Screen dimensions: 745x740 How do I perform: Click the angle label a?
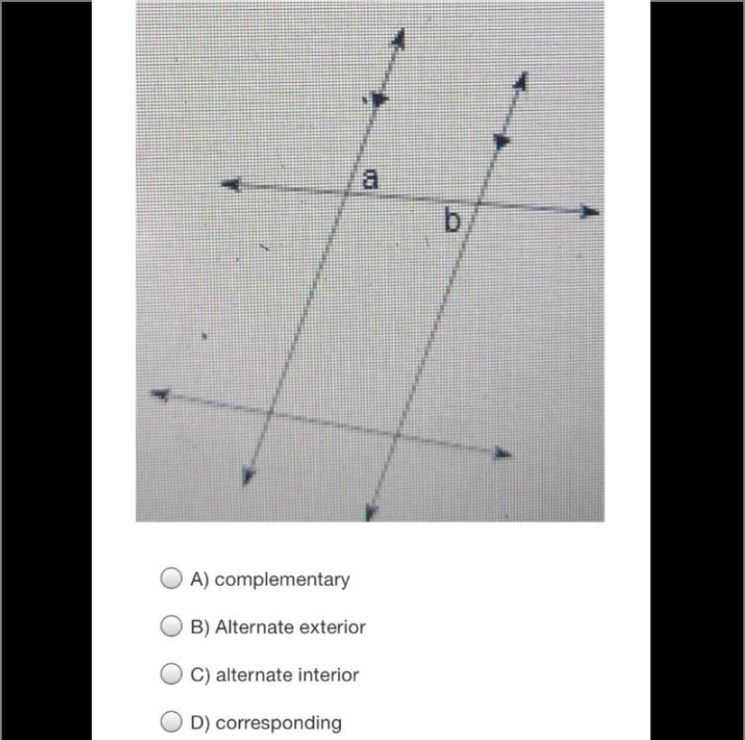[370, 179]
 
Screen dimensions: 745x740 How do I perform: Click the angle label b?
[452, 221]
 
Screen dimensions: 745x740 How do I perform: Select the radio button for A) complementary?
[171, 578]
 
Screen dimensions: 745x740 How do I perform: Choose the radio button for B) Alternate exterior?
[171, 625]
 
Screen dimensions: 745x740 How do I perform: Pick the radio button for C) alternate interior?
[171, 673]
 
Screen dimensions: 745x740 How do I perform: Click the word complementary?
[282, 580]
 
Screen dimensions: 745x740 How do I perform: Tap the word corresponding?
[279, 724]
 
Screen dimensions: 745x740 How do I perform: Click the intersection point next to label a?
[346, 192]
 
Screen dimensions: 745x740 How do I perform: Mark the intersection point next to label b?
[479, 203]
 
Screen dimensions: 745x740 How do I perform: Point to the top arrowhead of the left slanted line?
[399, 38]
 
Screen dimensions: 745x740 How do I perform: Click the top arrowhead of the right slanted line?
[521, 81]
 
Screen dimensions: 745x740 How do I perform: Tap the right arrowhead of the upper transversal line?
[589, 211]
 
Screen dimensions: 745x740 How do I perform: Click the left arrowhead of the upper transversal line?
[232, 184]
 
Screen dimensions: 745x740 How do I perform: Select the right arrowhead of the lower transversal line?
[501, 453]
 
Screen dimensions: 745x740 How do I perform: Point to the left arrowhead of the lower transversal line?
[161, 394]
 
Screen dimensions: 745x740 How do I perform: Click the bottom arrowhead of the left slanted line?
[247, 476]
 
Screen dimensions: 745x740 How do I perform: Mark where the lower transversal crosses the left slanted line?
[270, 412]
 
